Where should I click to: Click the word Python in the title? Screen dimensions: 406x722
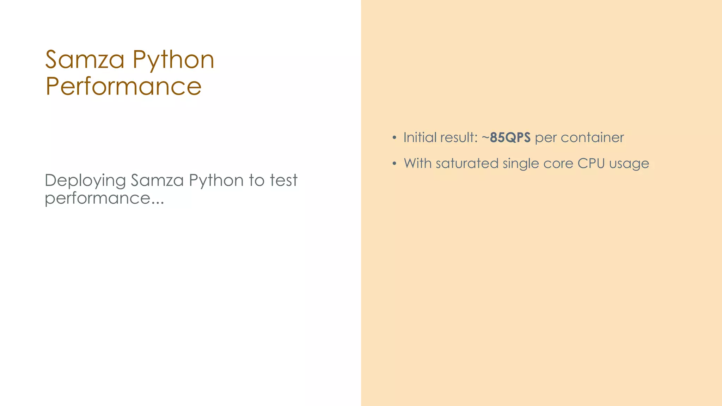[x=173, y=60]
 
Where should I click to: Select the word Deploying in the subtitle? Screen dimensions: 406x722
[x=85, y=180]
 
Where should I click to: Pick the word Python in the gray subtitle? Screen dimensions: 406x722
[x=216, y=180]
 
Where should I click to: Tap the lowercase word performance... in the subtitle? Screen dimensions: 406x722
[x=104, y=198]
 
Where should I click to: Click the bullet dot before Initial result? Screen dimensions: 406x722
[x=394, y=137]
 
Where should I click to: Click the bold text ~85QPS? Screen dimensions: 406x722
[x=506, y=137]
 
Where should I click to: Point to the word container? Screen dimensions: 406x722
[x=592, y=137]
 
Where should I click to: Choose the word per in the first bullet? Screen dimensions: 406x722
[x=546, y=138]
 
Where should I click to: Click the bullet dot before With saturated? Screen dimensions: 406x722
[x=394, y=164]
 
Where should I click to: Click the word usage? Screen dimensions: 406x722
[x=629, y=164]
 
